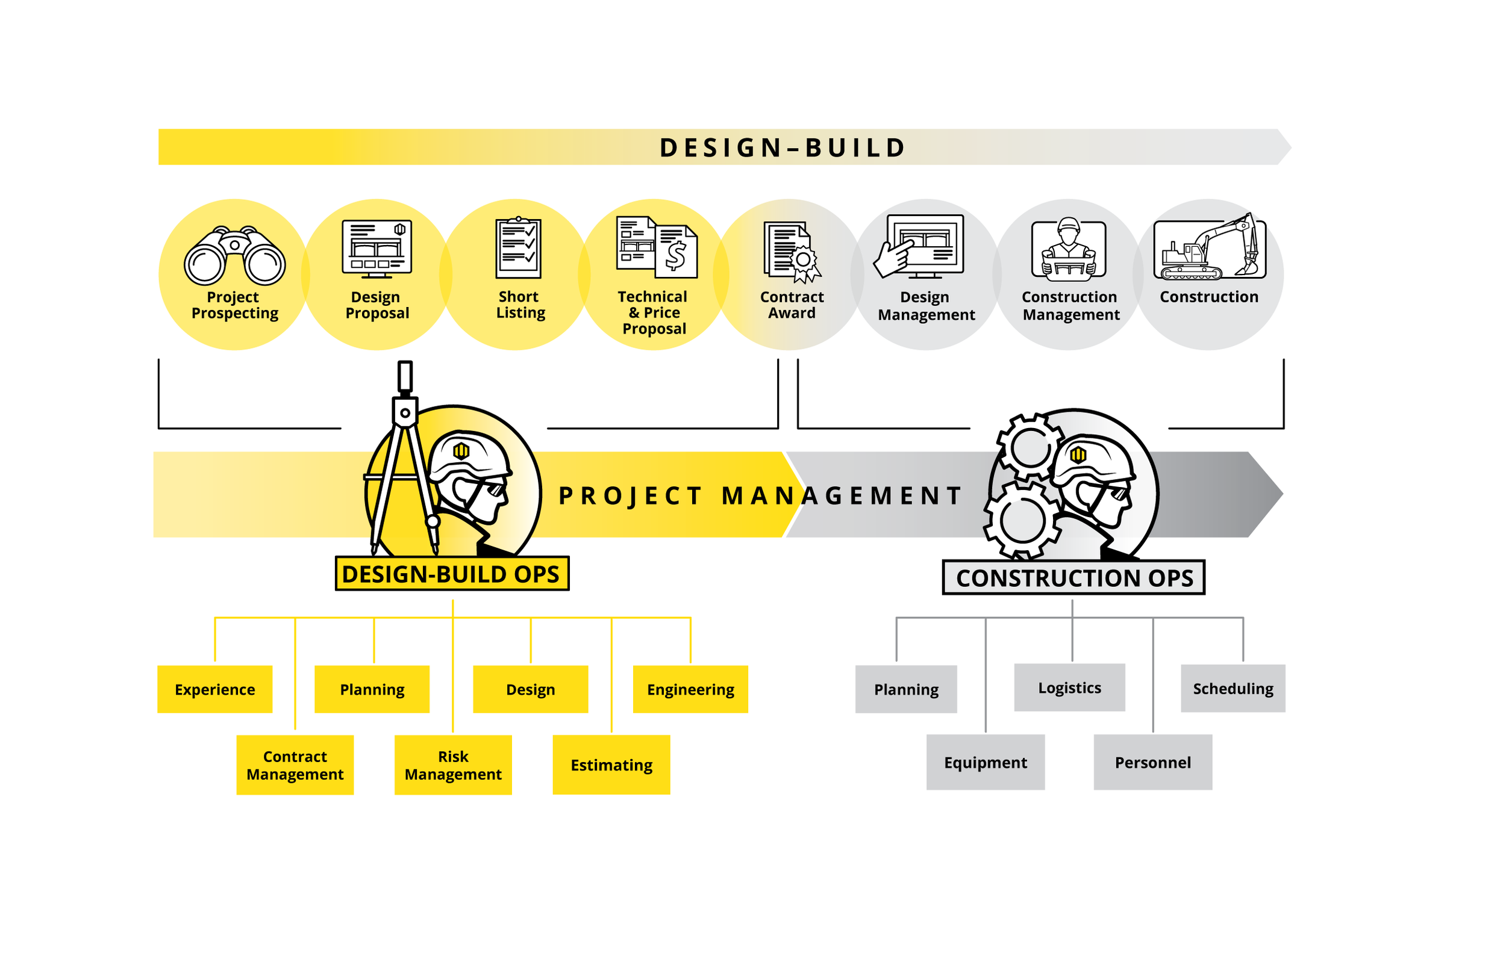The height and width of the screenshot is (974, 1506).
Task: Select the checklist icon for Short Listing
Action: pos(518,249)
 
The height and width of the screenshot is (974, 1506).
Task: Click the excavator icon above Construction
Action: pos(1209,249)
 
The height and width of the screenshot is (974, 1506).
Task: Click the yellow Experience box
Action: pos(215,689)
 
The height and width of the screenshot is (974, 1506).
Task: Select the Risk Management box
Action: pos(453,765)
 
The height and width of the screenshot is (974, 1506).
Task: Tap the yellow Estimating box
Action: pos(611,765)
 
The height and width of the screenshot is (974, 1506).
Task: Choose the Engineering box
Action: pos(690,689)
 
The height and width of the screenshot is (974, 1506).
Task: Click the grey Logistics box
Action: pos(1069,687)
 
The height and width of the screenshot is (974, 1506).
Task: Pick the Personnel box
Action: pos(1153,762)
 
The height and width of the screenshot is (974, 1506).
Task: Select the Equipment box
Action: pos(986,762)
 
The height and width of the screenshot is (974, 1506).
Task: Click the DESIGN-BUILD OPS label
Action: pos(452,574)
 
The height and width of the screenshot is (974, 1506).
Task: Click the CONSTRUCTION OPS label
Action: pos(1074,577)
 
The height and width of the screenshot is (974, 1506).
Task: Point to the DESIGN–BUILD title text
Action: pos(783,147)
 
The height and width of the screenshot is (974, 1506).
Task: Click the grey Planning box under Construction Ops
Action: pos(906,689)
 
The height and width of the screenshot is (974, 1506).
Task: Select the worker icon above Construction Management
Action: pos(1069,249)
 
